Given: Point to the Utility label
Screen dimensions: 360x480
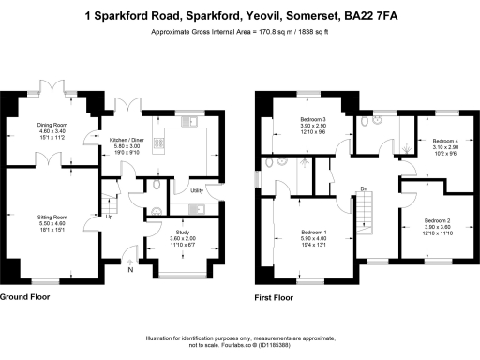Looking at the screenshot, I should coord(197,190).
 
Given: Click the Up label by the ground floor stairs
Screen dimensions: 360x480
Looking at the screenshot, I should coord(110,217).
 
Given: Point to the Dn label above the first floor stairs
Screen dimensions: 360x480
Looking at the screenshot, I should coord(363,188).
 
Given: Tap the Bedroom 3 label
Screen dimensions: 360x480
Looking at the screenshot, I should coord(313,120).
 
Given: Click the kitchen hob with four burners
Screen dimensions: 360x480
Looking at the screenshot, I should coord(158,145).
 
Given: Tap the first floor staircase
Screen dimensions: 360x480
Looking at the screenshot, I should coord(367,216).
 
